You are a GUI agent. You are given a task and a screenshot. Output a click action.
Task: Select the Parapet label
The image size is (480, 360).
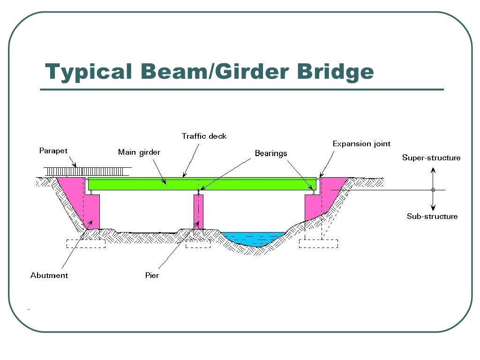coord(53,151)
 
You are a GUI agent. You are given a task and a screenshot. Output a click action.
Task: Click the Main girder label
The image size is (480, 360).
coord(139,152)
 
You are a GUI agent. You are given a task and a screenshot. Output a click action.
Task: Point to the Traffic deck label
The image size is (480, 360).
coord(204,136)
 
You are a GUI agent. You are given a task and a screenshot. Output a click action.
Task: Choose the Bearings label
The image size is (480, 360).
coord(271,153)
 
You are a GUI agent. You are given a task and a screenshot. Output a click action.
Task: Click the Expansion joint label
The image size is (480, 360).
coord(361,144)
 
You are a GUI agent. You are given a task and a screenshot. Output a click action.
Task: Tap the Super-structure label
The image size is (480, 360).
coord(431,157)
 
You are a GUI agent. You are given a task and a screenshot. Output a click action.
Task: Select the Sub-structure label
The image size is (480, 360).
coord(432,216)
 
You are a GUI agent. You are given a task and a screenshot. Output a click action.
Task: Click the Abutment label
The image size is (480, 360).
coord(49,275)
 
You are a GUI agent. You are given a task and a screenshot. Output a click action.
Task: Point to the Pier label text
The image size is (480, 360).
coord(152,275)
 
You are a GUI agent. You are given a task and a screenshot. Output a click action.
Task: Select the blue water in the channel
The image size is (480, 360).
coord(253,238)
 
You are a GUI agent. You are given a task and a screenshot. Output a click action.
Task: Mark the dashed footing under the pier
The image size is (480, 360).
coord(198,244)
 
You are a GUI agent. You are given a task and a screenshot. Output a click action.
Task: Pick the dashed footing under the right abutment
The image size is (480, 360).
coord(318,244)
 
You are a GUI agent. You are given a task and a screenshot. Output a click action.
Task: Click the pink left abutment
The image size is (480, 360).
coord(89,206)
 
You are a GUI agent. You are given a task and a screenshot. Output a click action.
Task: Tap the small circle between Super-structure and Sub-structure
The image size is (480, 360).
coord(433,190)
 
